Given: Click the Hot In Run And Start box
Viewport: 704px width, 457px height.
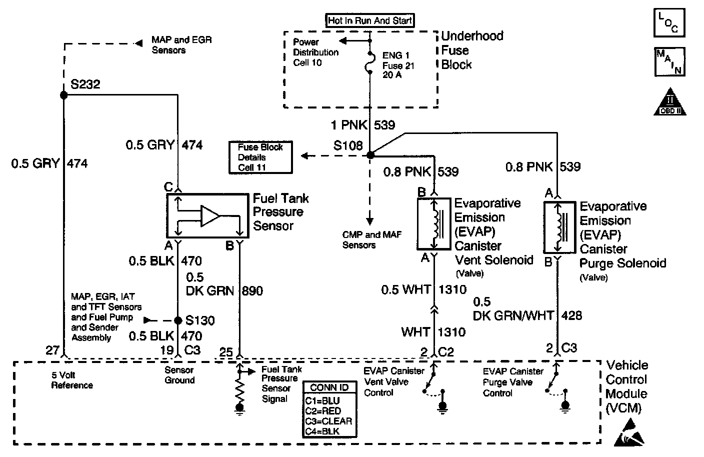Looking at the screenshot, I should click(x=370, y=21).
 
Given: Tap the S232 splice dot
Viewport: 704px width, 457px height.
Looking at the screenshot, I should click(x=63, y=94).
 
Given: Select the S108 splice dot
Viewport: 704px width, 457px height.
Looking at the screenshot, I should click(x=370, y=155).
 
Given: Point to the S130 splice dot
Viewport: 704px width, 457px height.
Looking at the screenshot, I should click(x=177, y=320).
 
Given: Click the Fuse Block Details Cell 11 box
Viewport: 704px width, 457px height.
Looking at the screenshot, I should click(x=260, y=157).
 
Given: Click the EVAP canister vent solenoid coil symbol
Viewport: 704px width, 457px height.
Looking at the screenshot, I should click(x=438, y=224).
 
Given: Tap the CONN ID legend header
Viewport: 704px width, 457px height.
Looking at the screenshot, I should click(x=329, y=388).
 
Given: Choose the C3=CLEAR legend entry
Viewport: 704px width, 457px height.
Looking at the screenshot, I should click(x=328, y=421).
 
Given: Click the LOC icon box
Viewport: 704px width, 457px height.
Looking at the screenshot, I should click(x=668, y=23).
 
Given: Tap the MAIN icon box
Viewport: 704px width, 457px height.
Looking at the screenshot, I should click(x=668, y=62).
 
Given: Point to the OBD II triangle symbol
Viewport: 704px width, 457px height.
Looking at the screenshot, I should click(x=669, y=102).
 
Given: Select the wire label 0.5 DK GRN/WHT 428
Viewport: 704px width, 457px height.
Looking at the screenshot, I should click(x=527, y=309).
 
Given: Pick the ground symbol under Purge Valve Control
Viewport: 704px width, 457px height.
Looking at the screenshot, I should click(x=565, y=406).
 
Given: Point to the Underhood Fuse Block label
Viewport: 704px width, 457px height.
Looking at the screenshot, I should click(x=471, y=50).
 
